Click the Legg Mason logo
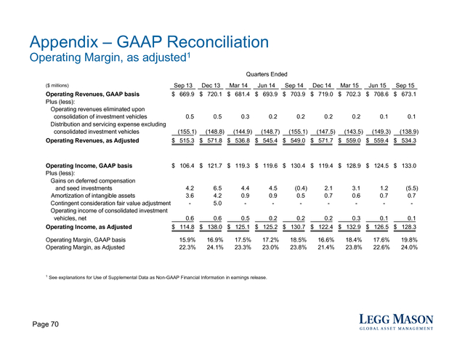(396, 322)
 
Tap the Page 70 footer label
(45, 324)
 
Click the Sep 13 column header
(183, 86)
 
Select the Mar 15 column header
(349, 86)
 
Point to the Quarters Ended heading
(267, 74)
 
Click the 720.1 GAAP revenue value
(215, 94)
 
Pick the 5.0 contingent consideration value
(217, 204)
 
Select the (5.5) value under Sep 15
(412, 188)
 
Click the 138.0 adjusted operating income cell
(215, 227)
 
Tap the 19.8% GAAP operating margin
(409, 240)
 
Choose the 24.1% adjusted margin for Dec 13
(215, 247)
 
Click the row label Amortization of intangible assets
(93, 196)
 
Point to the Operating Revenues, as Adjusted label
(92, 140)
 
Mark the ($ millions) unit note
(57, 86)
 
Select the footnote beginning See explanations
(156, 278)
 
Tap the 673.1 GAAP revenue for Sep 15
(409, 94)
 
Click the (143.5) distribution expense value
(354, 132)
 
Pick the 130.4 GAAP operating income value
(298, 166)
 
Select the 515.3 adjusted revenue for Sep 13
(187, 140)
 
